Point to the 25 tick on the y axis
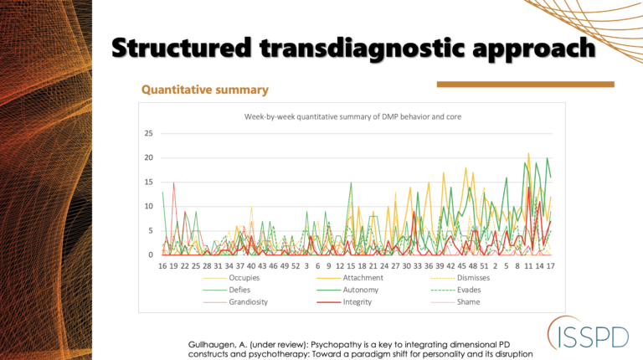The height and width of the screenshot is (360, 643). pyautogui.click(x=148, y=134)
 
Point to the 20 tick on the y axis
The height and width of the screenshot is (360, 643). pyautogui.click(x=148, y=158)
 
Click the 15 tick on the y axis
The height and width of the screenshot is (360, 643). pyautogui.click(x=148, y=183)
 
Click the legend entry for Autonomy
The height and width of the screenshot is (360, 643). pyautogui.click(x=361, y=290)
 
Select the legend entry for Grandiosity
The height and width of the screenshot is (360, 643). pyautogui.click(x=249, y=301)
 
